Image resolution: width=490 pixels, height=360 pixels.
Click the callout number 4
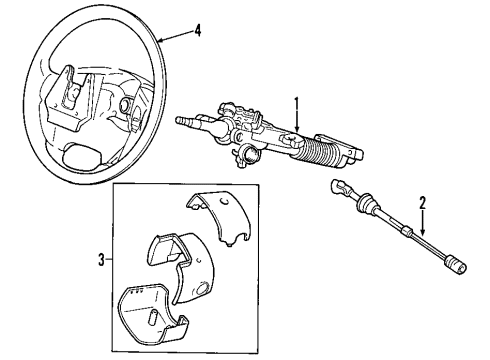197,30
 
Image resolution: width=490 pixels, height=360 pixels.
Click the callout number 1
297,102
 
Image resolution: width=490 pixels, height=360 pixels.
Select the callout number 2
423,203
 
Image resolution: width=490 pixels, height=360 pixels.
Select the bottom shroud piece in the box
150,316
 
